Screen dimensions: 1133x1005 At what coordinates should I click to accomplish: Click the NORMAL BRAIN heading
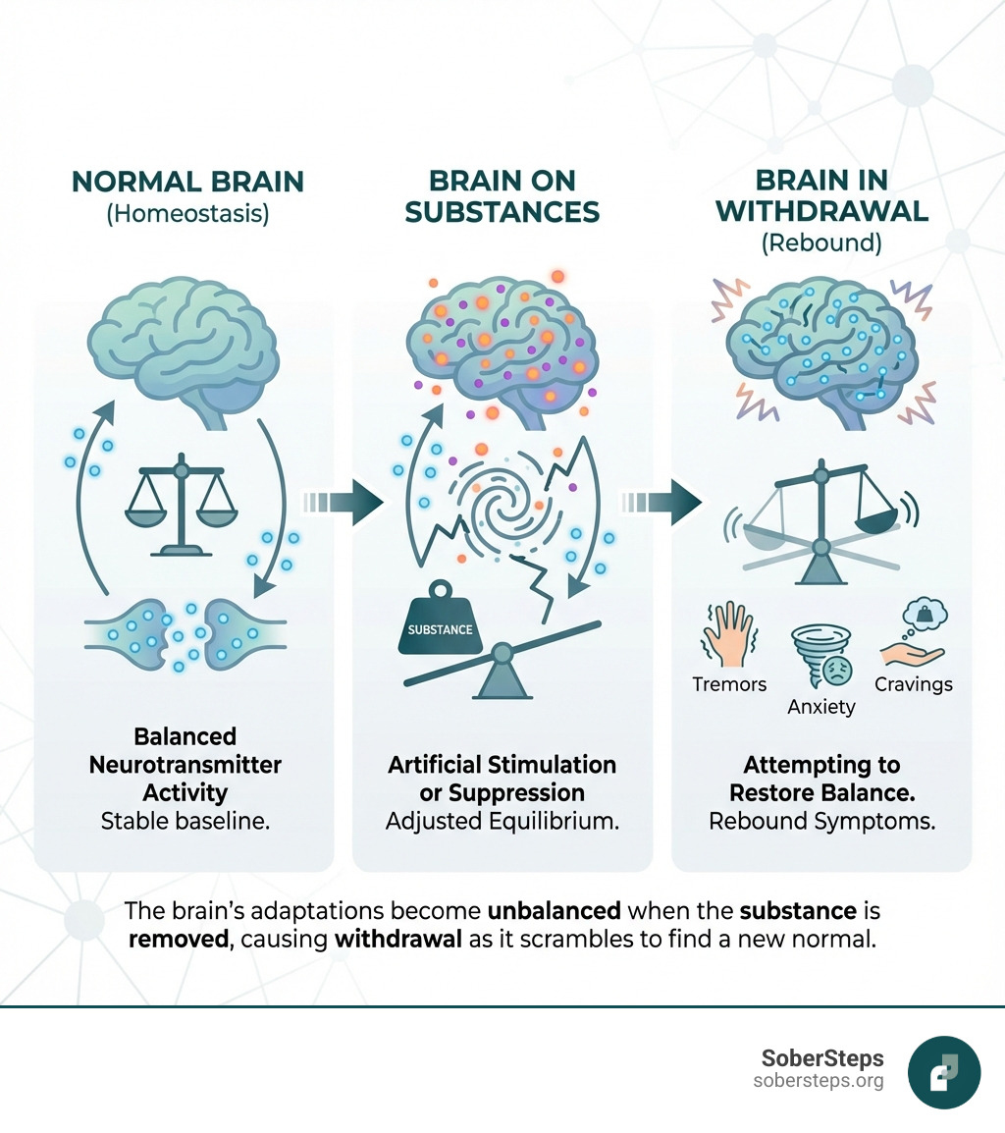[187, 182]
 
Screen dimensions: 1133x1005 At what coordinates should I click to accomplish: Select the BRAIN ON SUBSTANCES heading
[502, 196]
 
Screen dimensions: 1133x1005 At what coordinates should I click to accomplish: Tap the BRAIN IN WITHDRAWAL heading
[822, 196]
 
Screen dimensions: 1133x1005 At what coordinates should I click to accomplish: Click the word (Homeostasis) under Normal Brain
[187, 213]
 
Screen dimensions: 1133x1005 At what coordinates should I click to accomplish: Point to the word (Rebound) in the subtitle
[822, 243]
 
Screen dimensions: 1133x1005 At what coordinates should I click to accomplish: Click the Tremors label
[729, 684]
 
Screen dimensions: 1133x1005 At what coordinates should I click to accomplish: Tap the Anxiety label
[821, 706]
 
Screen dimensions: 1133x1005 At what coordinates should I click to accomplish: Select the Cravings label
[914, 684]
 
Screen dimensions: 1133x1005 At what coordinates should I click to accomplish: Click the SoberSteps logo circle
[944, 1073]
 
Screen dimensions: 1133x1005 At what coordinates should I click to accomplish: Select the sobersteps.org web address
[819, 1081]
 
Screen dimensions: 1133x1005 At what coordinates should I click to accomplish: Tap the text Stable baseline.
[185, 822]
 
